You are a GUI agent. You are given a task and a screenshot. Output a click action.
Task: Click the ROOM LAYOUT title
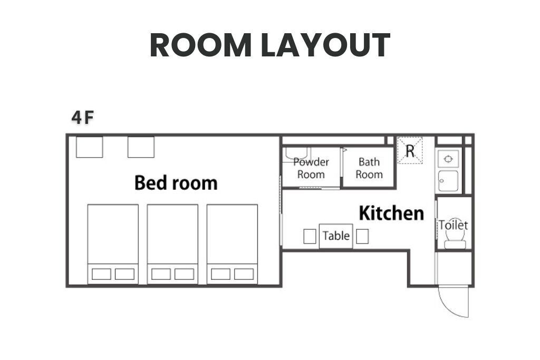click(270, 45)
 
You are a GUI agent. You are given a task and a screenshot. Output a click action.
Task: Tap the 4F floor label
click(83, 118)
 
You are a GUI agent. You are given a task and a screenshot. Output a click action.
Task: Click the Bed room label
click(176, 182)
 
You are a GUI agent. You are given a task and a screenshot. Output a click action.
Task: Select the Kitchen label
click(392, 213)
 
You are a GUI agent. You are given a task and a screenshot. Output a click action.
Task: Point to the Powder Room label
click(311, 168)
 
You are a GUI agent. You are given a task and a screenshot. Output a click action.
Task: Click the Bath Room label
click(369, 168)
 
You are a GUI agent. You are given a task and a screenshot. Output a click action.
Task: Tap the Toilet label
click(453, 225)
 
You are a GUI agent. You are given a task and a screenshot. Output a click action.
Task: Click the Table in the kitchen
click(336, 236)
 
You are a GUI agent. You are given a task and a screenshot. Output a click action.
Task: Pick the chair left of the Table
click(310, 237)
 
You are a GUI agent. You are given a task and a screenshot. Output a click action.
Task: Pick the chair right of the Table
click(362, 237)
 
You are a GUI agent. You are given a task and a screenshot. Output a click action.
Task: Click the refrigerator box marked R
click(410, 150)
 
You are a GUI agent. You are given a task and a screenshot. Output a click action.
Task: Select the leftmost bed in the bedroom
click(113, 244)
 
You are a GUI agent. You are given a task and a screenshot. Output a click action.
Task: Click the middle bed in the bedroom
click(172, 244)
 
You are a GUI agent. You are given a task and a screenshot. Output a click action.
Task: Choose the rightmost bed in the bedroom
click(232, 244)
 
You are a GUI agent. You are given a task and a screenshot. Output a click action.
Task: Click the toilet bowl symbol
click(455, 237)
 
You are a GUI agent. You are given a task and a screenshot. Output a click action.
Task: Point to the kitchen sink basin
click(448, 181)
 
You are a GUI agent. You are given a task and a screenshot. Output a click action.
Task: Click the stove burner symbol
click(448, 159)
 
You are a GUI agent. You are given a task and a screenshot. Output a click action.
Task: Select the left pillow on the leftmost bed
click(101, 274)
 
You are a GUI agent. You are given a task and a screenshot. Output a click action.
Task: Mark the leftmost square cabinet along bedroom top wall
click(89, 147)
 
